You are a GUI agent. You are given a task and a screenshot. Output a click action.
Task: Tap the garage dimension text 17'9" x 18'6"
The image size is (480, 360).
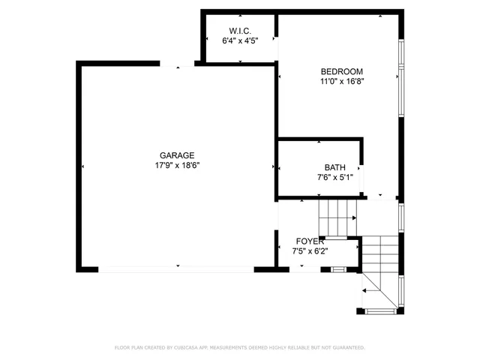[x=178, y=165]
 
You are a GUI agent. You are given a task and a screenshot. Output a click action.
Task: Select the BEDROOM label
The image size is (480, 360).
[x=337, y=71]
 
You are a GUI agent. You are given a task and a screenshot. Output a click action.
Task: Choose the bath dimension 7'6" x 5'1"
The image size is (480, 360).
[x=334, y=178]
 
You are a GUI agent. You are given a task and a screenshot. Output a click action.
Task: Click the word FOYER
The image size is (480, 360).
[x=310, y=241]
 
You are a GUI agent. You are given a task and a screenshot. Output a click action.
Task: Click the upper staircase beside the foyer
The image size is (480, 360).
[x=337, y=217]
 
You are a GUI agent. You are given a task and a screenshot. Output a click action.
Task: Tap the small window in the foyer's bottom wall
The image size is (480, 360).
[x=337, y=268]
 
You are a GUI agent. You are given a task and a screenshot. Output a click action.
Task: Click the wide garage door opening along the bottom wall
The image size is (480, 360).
[x=177, y=268]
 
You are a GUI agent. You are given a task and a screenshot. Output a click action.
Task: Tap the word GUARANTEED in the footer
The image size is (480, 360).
[x=346, y=348]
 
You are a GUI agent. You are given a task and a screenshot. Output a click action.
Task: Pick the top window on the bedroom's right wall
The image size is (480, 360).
[x=401, y=54]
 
